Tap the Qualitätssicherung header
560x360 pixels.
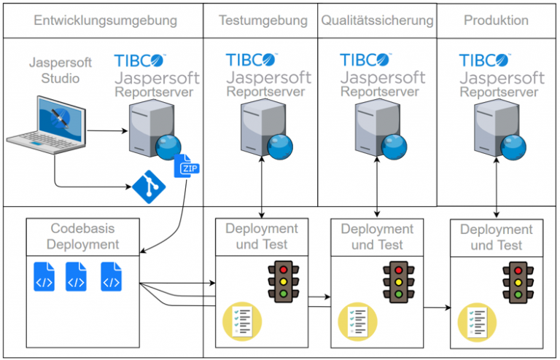coord(377,20)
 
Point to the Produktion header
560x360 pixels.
coord(496,20)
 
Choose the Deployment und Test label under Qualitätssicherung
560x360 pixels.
coord(377,237)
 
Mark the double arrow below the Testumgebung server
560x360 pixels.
coord(261,186)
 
